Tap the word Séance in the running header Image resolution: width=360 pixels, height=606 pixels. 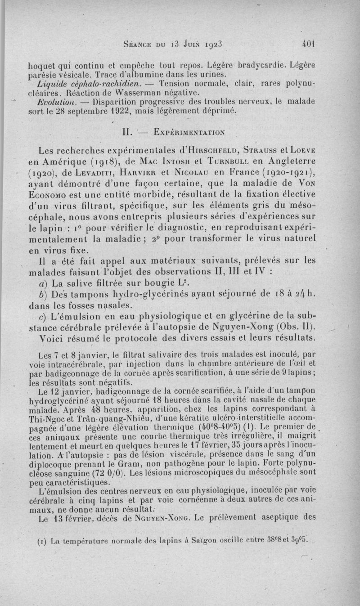point(136,45)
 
